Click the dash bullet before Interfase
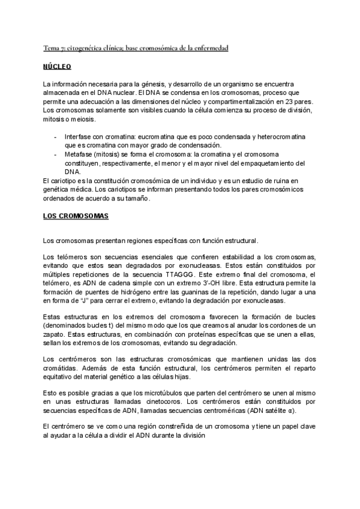[x=56, y=137]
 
